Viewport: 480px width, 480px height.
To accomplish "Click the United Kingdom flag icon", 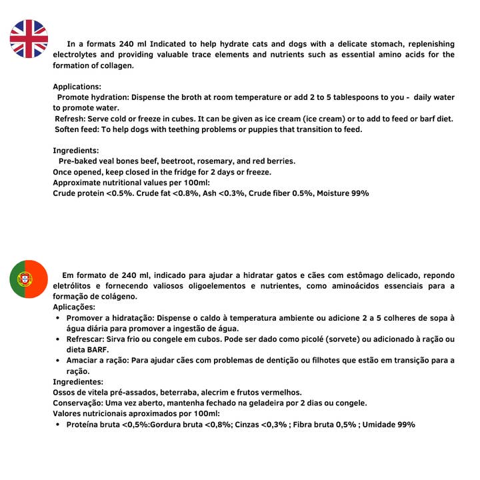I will coord(29,39).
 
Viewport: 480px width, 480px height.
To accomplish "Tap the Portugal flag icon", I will coord(29,279).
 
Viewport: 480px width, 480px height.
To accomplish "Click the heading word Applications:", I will coord(77,87).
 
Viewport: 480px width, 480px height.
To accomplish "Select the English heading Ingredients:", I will coord(76,151).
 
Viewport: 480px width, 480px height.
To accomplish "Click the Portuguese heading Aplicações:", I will coord(74,307).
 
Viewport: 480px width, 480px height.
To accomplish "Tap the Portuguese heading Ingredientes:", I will coord(78,382).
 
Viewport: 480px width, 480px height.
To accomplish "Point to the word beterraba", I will coord(167,393).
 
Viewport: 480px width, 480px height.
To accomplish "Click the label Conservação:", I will coord(78,403).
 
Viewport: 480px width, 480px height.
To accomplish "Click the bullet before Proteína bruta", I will coord(58,425).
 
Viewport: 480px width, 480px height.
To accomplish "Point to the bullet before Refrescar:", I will coord(58,339).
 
